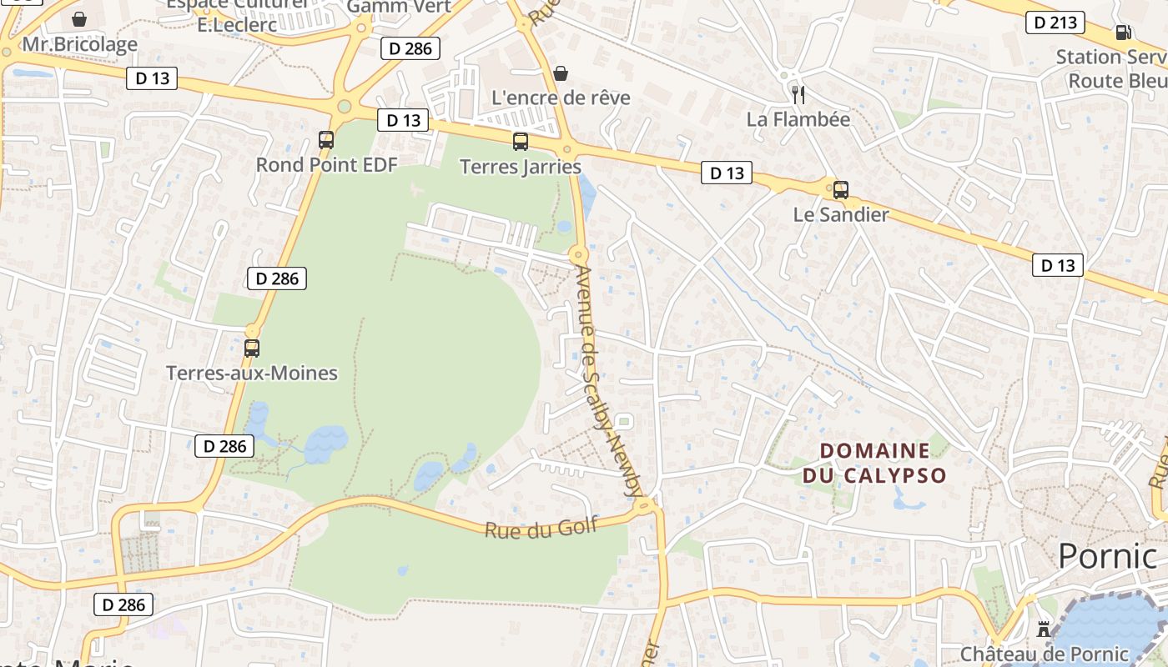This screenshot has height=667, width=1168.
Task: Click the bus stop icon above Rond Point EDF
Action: click(326, 140)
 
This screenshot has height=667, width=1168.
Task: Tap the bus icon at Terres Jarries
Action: click(521, 142)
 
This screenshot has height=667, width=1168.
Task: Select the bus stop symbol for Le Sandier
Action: click(841, 189)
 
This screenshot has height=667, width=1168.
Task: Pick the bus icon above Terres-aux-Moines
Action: click(252, 348)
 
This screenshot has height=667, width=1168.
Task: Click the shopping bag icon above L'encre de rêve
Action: click(561, 73)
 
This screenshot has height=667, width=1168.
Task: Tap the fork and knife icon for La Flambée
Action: click(798, 94)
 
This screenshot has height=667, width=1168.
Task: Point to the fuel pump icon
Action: click(1123, 33)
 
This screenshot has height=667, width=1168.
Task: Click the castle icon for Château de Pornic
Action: click(1044, 629)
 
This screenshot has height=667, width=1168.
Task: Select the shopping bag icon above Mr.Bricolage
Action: click(79, 19)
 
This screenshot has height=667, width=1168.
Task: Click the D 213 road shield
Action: click(1055, 23)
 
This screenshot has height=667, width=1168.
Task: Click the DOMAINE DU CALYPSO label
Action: click(874, 463)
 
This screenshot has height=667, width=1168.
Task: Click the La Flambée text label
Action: click(798, 119)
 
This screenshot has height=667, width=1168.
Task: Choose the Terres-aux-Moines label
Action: click(252, 373)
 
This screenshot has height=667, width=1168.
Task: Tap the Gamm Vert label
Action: click(399, 7)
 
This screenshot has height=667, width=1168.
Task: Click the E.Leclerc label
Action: click(237, 25)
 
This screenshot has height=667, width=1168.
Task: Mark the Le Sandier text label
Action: click(841, 214)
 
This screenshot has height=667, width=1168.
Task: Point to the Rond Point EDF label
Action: click(326, 164)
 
